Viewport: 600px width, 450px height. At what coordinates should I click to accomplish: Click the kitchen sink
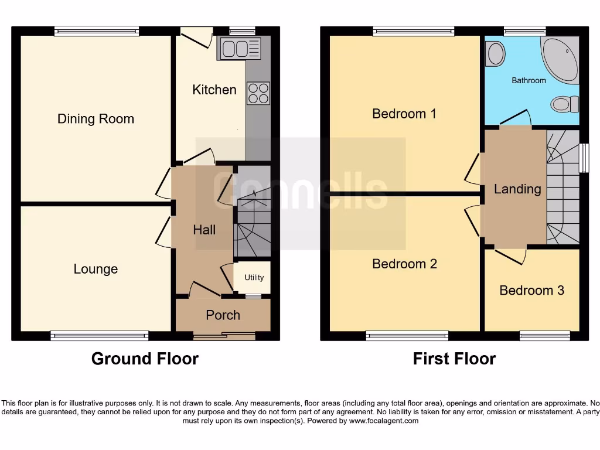pos(239,48)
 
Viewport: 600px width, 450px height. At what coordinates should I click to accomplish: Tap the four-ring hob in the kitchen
pos(258,93)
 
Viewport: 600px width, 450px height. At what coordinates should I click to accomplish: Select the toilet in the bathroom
pos(565,105)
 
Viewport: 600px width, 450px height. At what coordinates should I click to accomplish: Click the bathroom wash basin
pos(496,54)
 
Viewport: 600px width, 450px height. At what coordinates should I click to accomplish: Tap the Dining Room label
pos(96,119)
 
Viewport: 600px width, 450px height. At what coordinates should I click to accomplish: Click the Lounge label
pos(96,269)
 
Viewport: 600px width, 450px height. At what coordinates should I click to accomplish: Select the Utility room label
pos(254,278)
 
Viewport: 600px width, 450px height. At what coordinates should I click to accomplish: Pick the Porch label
pos(223,315)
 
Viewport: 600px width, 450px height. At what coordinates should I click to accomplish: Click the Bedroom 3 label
pos(531,290)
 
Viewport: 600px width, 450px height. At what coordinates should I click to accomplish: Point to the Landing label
pos(517,189)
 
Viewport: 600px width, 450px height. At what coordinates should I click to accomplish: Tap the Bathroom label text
pos(529,80)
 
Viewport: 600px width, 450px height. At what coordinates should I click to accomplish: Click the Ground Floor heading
pos(145,359)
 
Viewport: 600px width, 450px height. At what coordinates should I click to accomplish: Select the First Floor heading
pos(454,359)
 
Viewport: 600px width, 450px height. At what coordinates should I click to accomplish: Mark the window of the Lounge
pos(99,335)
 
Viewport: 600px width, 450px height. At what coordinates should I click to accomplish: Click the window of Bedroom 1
pos(413,30)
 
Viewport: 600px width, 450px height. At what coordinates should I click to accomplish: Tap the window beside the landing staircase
pos(584,158)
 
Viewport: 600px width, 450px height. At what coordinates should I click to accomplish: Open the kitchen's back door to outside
pos(196,38)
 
